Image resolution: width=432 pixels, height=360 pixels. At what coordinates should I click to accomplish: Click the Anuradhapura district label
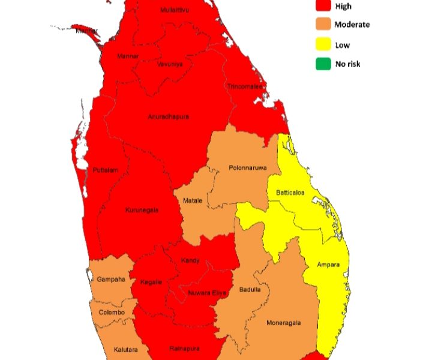coord(168,116)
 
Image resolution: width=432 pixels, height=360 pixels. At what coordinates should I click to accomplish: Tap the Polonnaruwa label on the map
coord(247,168)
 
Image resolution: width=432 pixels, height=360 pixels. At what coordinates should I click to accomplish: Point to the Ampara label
coord(328,264)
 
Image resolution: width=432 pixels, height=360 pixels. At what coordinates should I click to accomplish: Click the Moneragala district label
coord(283,323)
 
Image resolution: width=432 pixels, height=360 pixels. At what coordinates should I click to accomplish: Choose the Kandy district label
coord(190,260)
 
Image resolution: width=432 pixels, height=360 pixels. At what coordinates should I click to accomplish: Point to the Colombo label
coord(112,313)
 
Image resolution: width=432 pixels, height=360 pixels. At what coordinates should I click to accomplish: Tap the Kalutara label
coord(126,349)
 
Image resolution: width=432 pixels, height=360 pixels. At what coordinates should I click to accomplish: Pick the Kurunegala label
coord(142,210)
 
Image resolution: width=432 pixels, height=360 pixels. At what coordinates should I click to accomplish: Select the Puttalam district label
coord(106,170)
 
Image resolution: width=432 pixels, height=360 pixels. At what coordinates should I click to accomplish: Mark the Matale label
coord(193,200)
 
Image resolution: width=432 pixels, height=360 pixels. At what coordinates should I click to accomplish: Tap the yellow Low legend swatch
coord(324,44)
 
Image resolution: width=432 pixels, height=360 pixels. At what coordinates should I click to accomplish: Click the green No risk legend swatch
coord(324,63)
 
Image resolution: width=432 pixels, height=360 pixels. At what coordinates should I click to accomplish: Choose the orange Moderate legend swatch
coord(324,25)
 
